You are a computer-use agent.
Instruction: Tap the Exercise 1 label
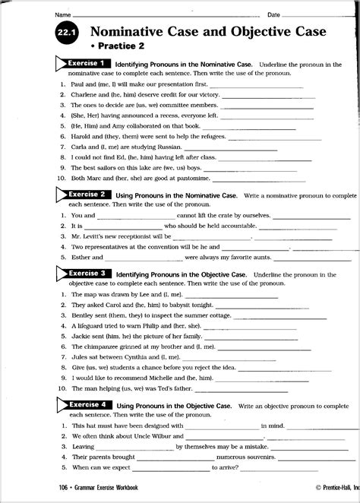tap(84, 64)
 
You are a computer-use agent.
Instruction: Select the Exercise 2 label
tap(84, 195)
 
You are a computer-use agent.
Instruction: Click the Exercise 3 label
tap(84, 274)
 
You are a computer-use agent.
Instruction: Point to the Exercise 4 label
tap(84, 405)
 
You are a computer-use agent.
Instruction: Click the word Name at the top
tap(62, 14)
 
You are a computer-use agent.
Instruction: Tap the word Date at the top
tap(273, 14)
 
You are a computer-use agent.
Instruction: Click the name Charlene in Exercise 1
tap(85, 95)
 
